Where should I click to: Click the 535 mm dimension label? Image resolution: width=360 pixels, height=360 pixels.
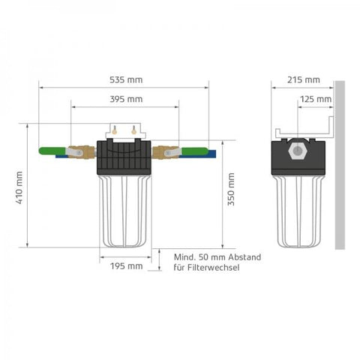click(125, 79)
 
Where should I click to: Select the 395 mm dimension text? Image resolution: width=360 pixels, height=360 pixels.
click(125, 98)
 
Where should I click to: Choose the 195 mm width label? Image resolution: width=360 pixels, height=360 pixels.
click(125, 265)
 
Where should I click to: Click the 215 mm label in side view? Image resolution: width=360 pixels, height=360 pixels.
click(303, 79)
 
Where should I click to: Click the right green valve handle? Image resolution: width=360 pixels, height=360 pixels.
click(196, 152)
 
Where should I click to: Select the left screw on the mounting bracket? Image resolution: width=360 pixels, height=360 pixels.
click(114, 129)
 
